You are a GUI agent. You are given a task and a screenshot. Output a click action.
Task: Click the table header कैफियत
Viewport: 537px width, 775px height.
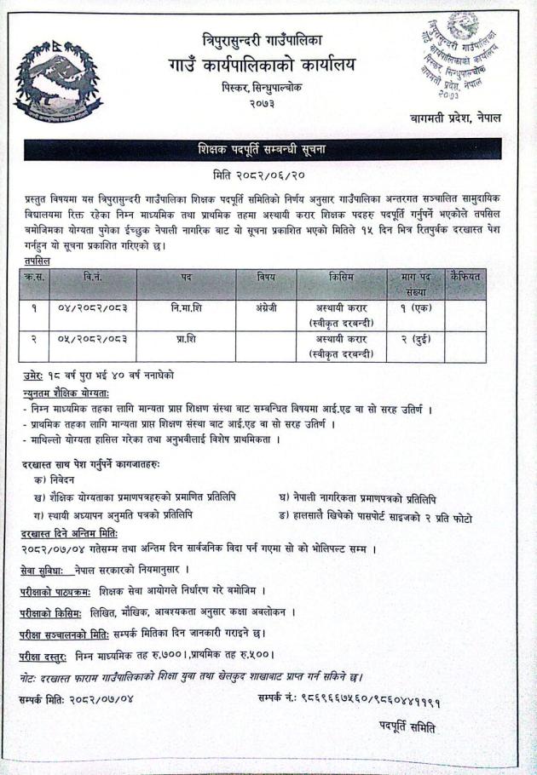(x=465, y=277)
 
